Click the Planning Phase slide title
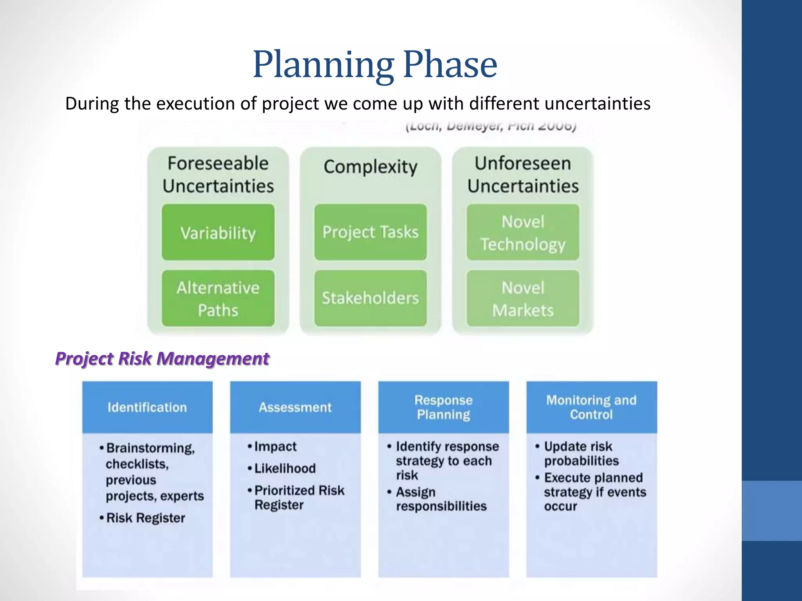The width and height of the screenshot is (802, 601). click(375, 65)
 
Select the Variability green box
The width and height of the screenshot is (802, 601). click(218, 232)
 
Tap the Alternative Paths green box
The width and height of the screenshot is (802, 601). click(218, 299)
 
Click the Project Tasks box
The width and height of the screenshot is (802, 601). click(370, 232)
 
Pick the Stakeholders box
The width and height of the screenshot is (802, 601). click(370, 298)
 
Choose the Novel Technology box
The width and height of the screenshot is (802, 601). click(523, 232)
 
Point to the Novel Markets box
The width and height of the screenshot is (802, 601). click(523, 299)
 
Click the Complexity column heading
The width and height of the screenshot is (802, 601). click(370, 167)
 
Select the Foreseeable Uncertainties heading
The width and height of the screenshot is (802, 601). click(218, 175)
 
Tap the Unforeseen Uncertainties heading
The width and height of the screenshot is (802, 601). click(523, 175)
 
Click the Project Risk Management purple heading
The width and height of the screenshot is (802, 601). click(162, 358)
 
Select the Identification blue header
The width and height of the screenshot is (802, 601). click(147, 407)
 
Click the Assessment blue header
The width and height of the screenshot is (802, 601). click(295, 407)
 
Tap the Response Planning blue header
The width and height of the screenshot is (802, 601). click(443, 407)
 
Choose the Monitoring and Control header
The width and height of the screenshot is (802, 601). click(591, 407)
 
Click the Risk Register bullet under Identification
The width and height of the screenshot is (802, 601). click(145, 518)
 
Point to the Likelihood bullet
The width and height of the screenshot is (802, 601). click(285, 468)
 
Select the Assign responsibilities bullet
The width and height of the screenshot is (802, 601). click(441, 499)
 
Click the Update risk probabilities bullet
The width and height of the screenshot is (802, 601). click(581, 453)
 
